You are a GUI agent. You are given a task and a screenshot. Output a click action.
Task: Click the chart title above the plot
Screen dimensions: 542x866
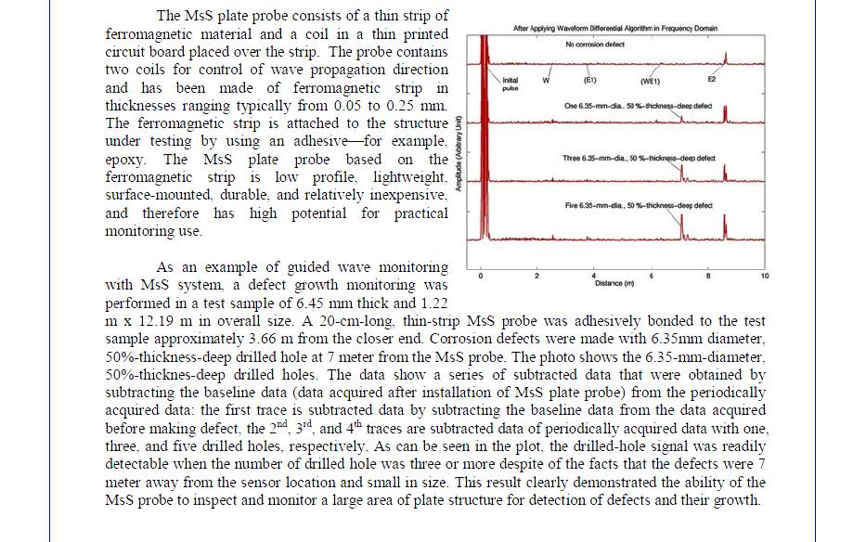click(614, 29)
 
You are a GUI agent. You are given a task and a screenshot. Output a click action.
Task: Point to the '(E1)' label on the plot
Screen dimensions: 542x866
click(589, 80)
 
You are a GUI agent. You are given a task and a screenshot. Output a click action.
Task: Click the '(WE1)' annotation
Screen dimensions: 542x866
click(650, 82)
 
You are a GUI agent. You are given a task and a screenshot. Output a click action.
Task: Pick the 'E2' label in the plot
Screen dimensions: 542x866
click(712, 80)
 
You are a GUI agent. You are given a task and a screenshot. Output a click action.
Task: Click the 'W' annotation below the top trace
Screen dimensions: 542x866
click(547, 80)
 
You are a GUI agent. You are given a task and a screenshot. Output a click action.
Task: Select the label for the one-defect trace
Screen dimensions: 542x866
click(638, 106)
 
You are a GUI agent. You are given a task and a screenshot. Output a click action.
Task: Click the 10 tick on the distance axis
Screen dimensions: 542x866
click(764, 276)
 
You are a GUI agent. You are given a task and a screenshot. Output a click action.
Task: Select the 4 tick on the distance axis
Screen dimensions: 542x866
click(593, 276)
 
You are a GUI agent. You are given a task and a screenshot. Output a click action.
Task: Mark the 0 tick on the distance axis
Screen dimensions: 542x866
click(481, 276)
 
